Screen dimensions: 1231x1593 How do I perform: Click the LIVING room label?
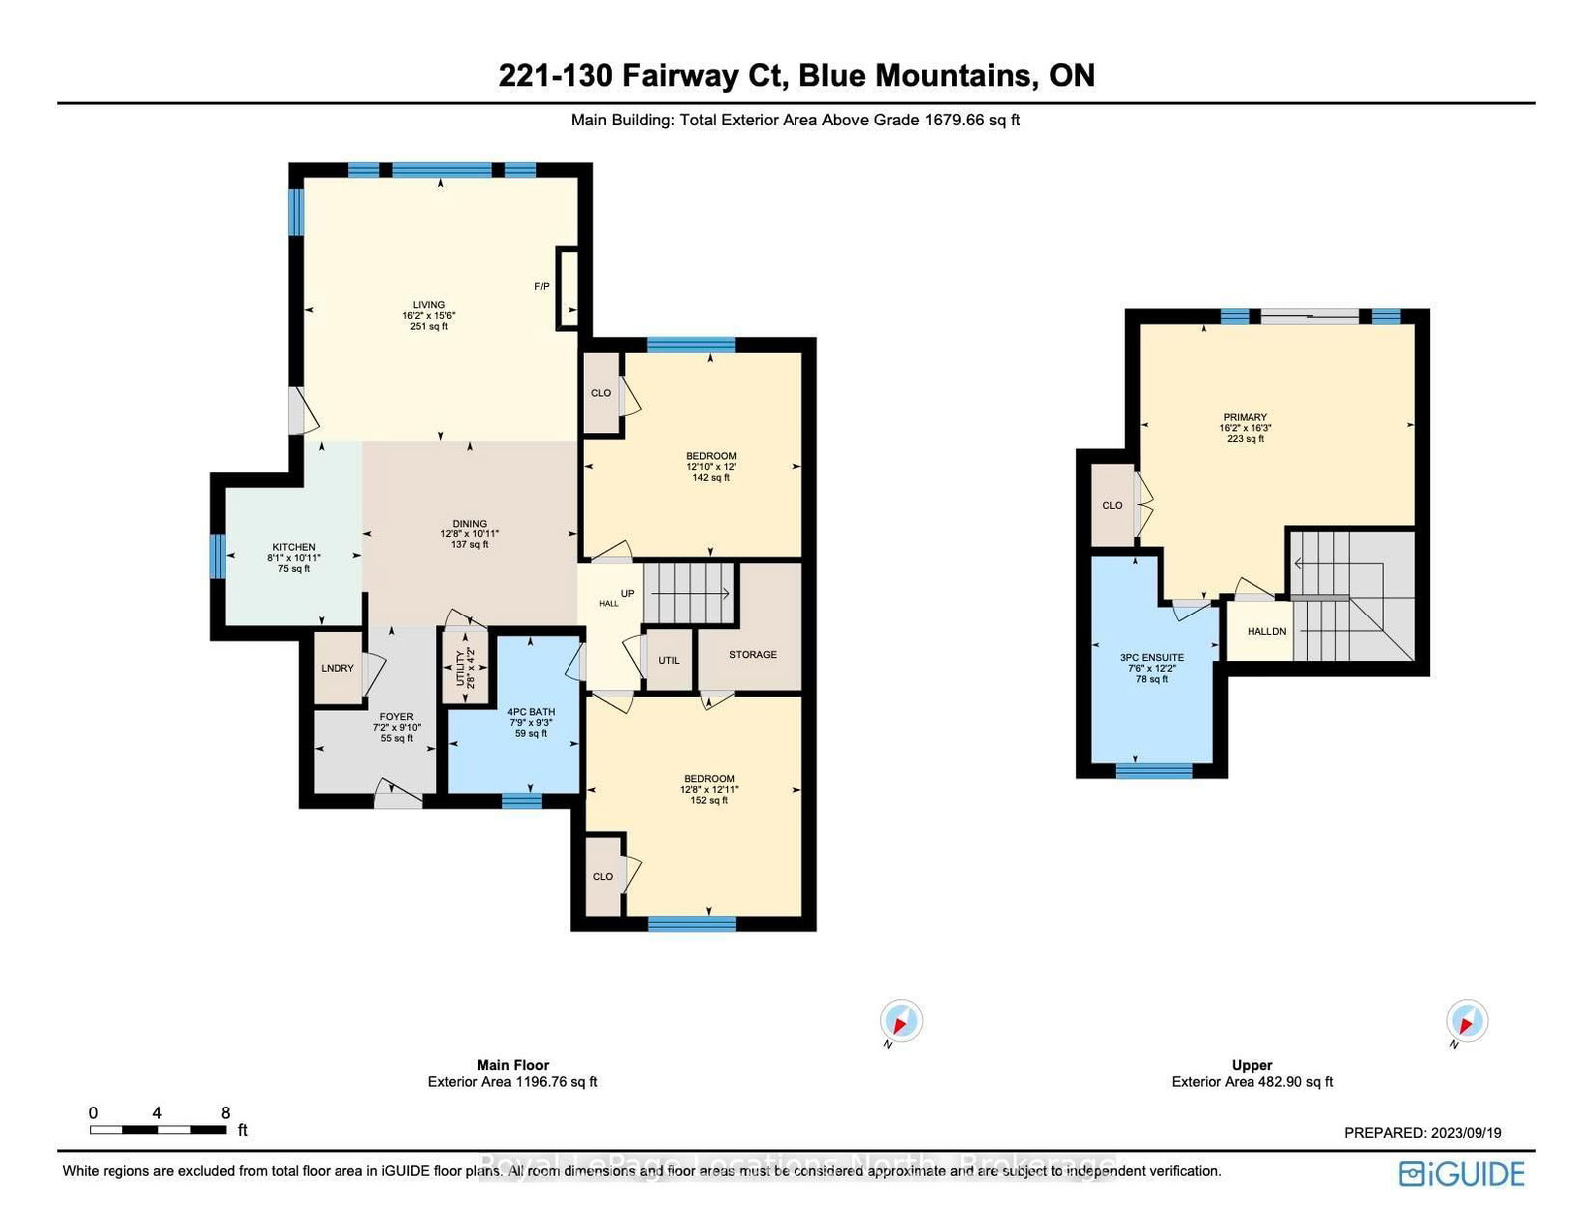coord(429,306)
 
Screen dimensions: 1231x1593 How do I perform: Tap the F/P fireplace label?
coord(542,287)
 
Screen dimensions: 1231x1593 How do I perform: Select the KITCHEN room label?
coord(294,547)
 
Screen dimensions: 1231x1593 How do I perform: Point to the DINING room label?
coord(470,524)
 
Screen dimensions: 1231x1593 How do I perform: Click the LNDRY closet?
coord(338,668)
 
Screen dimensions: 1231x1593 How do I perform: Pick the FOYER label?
coord(396,717)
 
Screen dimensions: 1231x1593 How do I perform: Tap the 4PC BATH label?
coord(531,712)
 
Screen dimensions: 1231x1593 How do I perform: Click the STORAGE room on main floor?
coord(752,655)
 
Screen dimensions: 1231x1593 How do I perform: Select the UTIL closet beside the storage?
coord(669,660)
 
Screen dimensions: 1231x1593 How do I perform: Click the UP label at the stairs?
coord(627,594)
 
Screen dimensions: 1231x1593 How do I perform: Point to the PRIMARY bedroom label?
coord(1245,418)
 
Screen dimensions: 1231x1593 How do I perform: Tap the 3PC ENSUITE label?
coord(1152,658)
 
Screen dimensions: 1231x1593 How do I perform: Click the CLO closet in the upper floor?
coord(1112,506)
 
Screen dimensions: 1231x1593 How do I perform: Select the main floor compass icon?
coord(901,1022)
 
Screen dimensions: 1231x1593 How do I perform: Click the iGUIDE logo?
coord(1462,1174)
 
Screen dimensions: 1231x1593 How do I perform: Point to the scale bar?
coord(157,1130)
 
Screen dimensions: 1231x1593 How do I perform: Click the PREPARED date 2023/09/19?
coord(1423,1133)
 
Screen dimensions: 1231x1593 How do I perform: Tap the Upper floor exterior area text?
coord(1252,1082)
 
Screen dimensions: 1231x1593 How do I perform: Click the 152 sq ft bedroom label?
coord(709,789)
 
